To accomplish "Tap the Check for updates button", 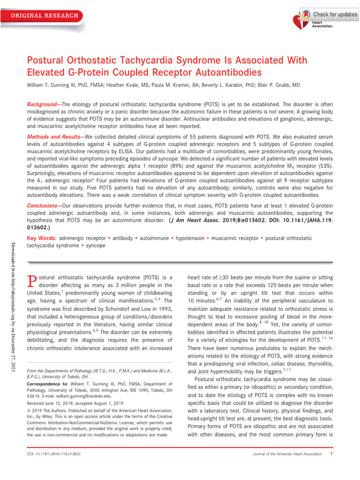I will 329,15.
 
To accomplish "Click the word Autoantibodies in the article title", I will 226,73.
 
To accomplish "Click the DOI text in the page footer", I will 54,454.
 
